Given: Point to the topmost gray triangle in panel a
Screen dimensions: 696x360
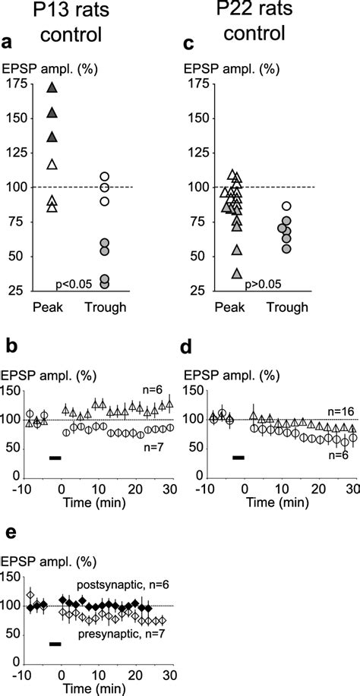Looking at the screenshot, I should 52,89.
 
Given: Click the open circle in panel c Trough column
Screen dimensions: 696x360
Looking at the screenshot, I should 286,206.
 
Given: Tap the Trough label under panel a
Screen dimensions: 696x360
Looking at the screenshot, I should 106,307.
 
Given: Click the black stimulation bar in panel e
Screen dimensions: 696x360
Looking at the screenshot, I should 54,644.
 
